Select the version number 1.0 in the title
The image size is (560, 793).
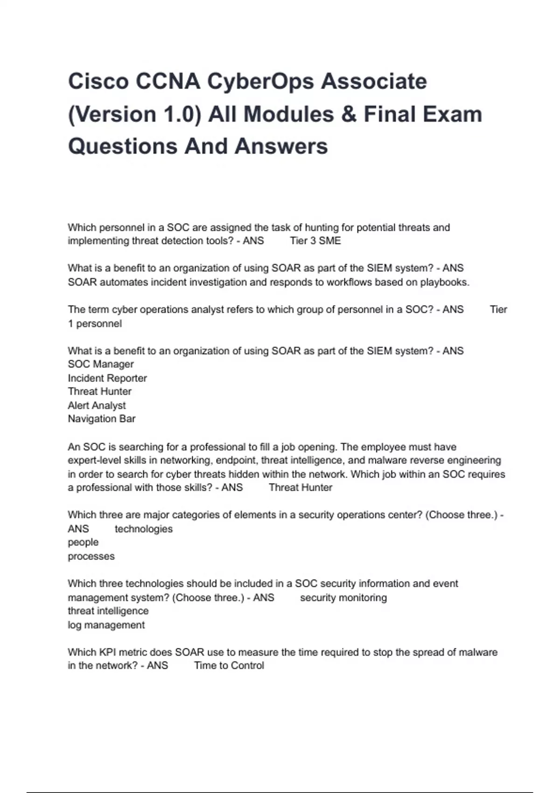(x=179, y=115)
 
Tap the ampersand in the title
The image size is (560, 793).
(x=349, y=115)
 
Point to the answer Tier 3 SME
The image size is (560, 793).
(x=315, y=241)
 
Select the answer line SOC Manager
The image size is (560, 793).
(x=101, y=364)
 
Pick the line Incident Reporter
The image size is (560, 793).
(x=107, y=378)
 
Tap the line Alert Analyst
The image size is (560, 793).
(x=97, y=406)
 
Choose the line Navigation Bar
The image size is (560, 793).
(x=102, y=419)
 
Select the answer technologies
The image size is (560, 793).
(x=144, y=529)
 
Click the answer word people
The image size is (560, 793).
(x=83, y=543)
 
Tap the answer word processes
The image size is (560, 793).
(x=91, y=556)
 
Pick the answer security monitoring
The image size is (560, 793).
(x=343, y=598)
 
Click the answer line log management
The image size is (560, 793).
(x=106, y=625)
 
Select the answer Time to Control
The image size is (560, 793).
(x=229, y=666)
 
